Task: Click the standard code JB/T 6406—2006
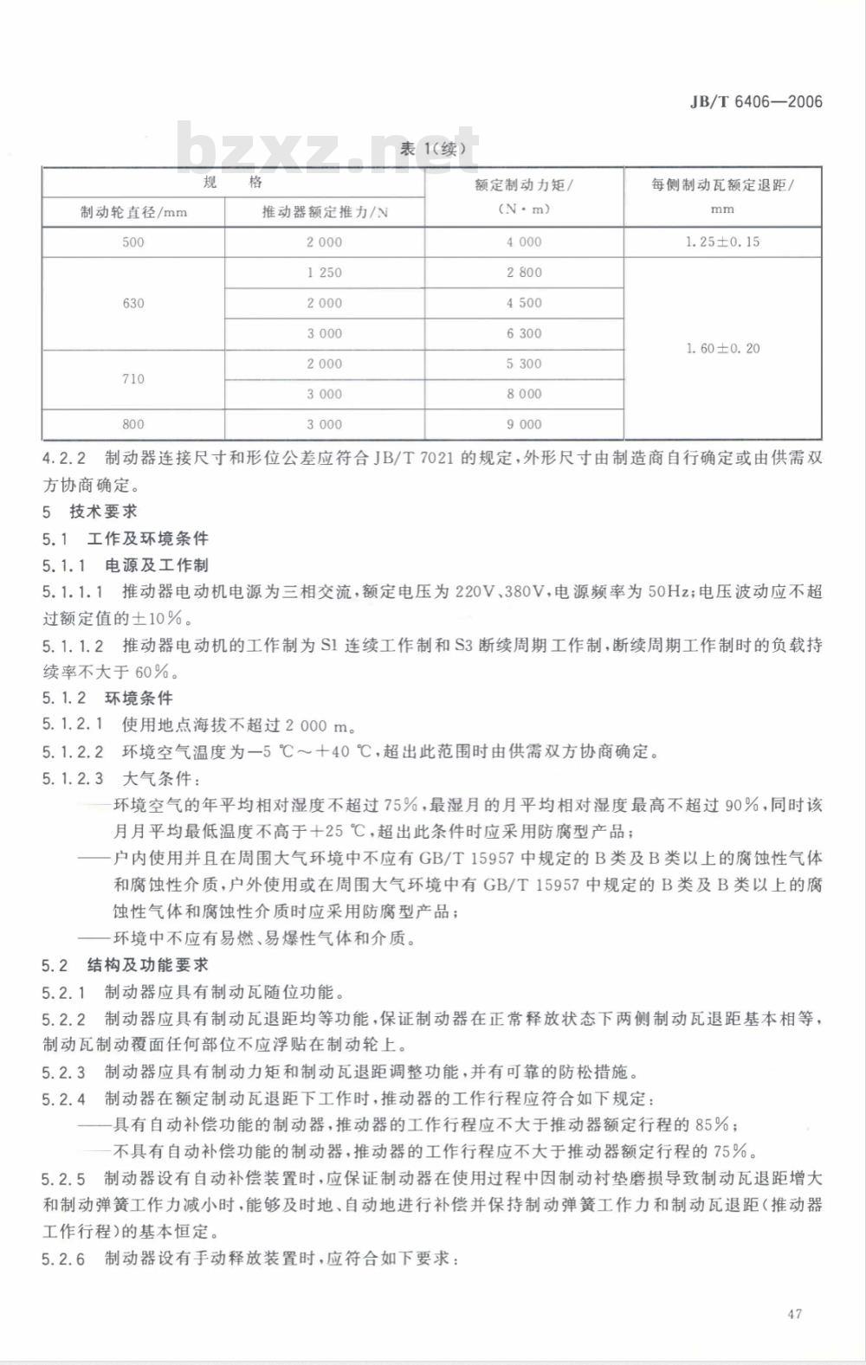click(x=755, y=102)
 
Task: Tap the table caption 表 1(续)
click(x=439, y=148)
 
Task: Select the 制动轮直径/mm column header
click(x=133, y=212)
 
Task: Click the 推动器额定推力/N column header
click(x=325, y=212)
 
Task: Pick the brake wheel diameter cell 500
click(x=133, y=242)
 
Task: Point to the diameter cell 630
click(x=133, y=303)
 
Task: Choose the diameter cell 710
click(x=133, y=379)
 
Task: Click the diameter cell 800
click(x=133, y=424)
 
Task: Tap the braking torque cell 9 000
click(x=524, y=424)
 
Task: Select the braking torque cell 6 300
click(x=524, y=333)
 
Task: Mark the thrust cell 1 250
click(x=325, y=273)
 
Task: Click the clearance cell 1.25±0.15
click(x=722, y=242)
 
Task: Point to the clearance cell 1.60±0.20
click(x=722, y=349)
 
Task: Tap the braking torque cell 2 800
click(x=524, y=273)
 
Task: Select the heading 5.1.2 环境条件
click(x=107, y=698)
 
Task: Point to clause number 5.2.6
click(x=64, y=1259)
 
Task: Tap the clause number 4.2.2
click(x=64, y=458)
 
